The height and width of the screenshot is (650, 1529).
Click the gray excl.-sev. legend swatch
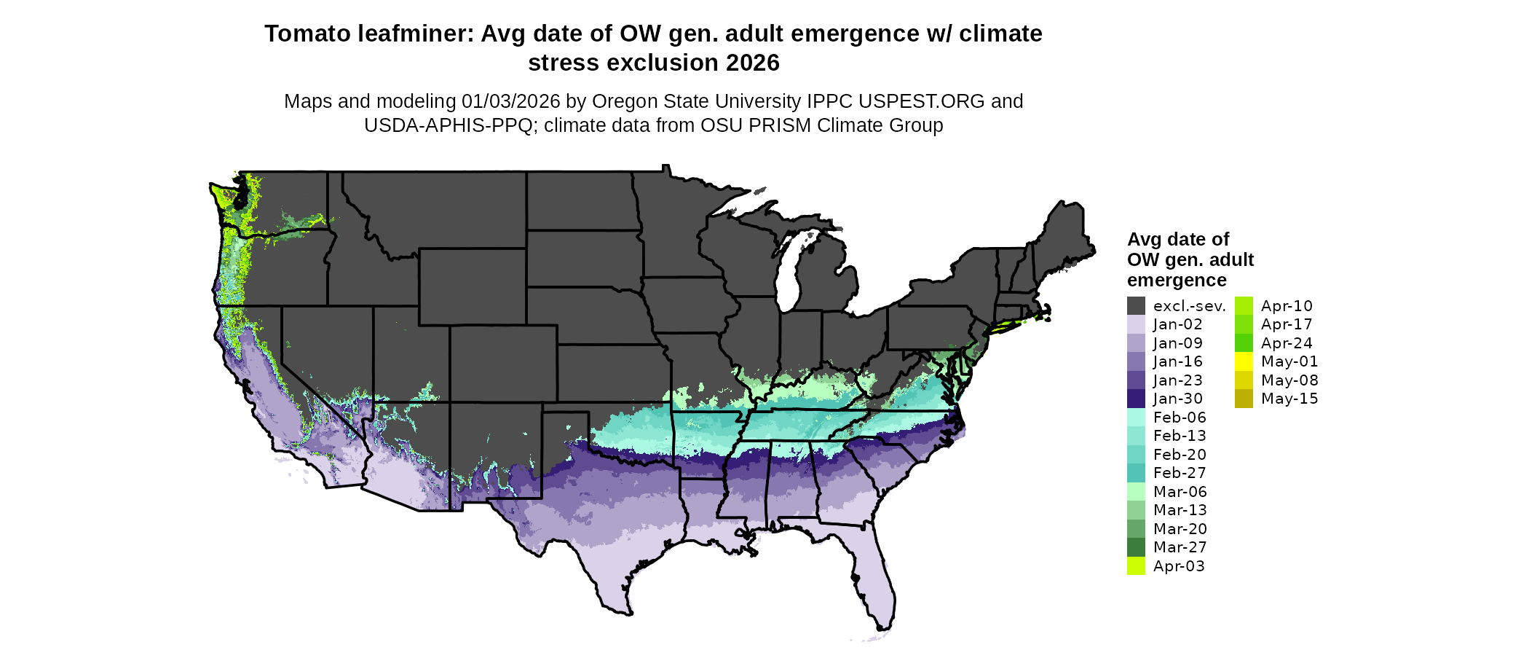(x=1136, y=306)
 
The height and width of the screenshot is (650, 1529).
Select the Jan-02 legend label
(x=1177, y=324)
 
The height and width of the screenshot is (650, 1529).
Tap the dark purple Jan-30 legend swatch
(x=1136, y=399)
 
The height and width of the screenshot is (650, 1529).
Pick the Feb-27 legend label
(x=1180, y=473)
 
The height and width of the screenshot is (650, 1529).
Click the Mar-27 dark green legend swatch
(x=1136, y=547)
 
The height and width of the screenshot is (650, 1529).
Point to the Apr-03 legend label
(x=1179, y=566)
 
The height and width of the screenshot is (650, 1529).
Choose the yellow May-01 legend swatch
(x=1244, y=361)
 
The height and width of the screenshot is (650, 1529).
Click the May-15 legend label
(x=1289, y=399)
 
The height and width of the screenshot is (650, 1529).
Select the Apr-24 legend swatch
(x=1244, y=343)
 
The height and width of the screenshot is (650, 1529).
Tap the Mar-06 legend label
(x=1180, y=492)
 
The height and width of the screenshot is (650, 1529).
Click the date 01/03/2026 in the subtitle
(x=511, y=101)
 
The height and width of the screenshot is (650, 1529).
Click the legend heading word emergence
(x=1177, y=281)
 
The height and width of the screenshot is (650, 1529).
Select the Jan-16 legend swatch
(x=1136, y=361)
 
